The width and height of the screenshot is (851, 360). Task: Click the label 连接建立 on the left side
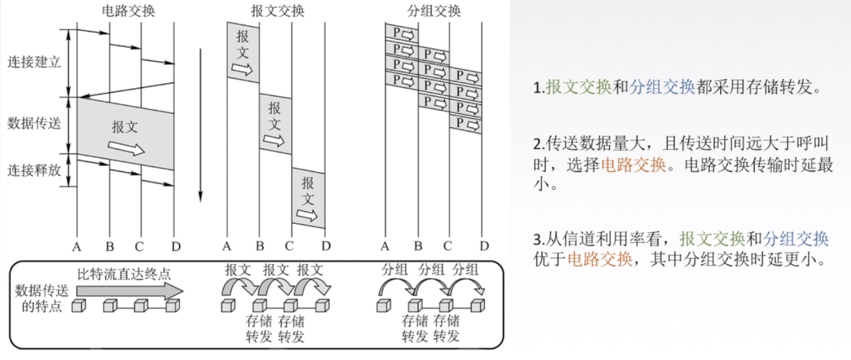(34, 62)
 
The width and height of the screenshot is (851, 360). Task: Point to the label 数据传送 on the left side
(34, 124)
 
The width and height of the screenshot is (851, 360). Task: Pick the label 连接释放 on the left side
(34, 169)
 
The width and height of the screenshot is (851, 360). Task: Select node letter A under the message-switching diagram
(227, 246)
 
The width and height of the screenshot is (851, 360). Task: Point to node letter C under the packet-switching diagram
(448, 246)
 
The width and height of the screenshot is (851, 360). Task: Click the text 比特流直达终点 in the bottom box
(124, 273)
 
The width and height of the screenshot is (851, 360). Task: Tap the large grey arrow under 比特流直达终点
(129, 291)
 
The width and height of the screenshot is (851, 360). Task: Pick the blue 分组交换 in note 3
(796, 240)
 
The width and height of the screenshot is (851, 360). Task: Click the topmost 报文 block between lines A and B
(243, 52)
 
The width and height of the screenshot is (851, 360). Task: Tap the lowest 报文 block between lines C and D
(308, 198)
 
